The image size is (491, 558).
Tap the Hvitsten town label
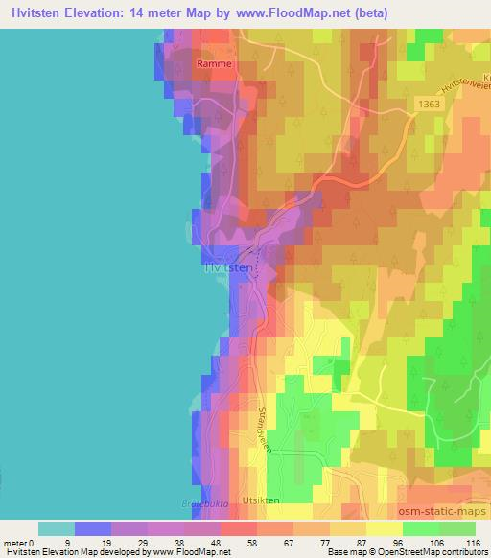click(x=228, y=269)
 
